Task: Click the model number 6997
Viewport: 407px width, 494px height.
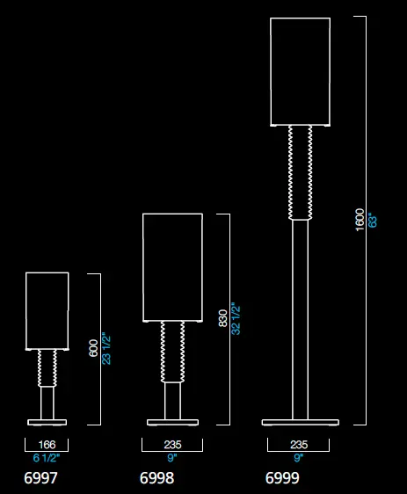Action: coord(40,478)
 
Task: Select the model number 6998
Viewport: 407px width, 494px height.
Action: coord(156,478)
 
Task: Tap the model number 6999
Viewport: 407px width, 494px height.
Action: coord(282,478)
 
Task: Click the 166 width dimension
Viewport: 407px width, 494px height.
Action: coord(47,445)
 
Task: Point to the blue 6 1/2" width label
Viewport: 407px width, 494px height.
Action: coord(47,458)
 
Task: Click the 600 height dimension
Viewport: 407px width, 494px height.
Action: coord(93,348)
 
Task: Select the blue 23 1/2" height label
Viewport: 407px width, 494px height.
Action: coord(106,350)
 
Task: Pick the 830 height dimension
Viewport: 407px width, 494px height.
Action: coord(222,318)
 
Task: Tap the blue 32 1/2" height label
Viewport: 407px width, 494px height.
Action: coord(236,318)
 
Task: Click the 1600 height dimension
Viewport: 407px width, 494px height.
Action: coord(360,220)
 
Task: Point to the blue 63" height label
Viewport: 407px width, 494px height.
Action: coord(373,221)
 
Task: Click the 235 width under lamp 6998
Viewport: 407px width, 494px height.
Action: coord(172,445)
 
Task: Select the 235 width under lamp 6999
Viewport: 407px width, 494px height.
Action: coord(299,445)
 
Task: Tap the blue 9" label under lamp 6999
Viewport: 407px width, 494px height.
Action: coord(298,458)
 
